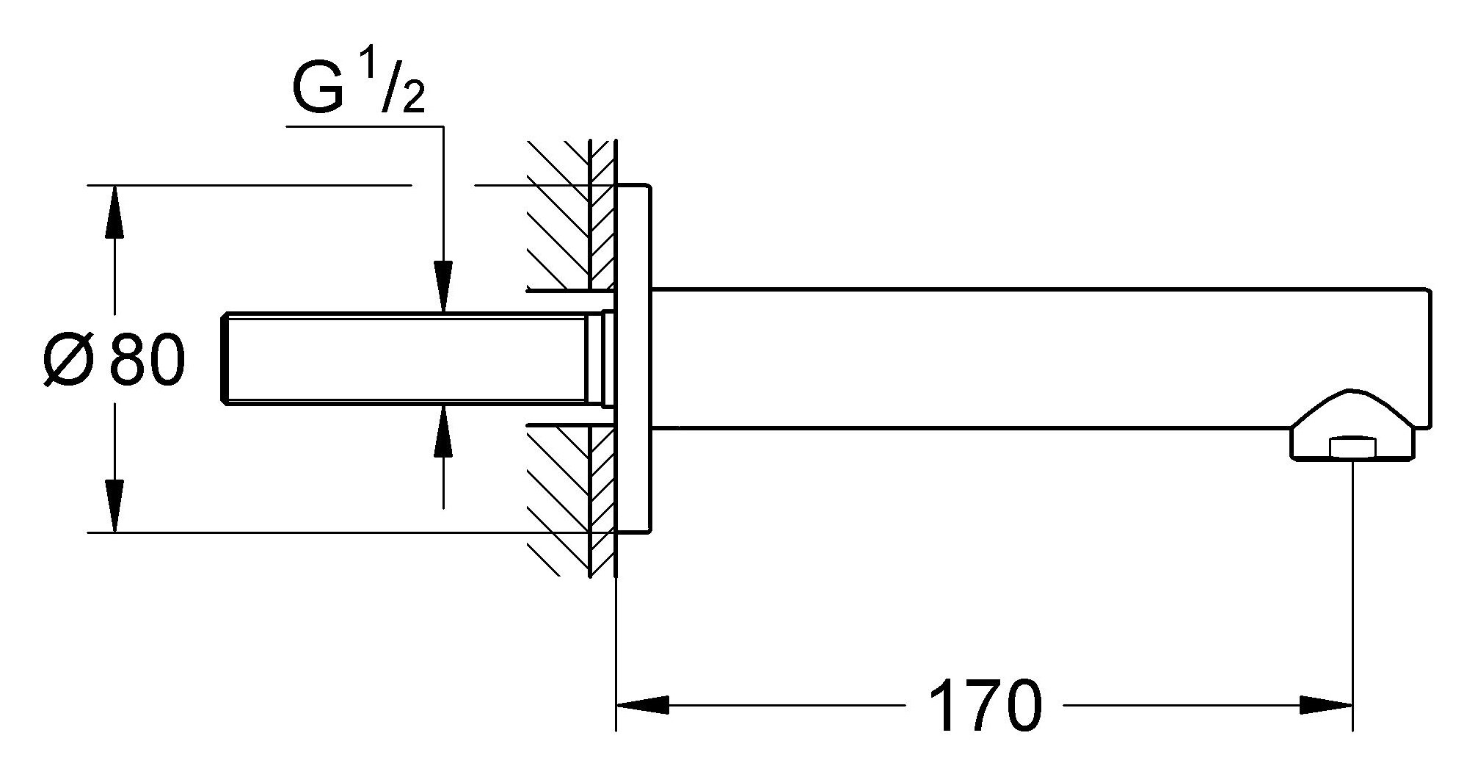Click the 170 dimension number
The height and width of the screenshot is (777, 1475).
(984, 706)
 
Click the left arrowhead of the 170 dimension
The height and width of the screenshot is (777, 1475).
(642, 706)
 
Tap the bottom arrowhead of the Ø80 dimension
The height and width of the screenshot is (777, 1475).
(114, 505)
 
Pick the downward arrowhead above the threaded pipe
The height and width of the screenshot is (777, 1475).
(443, 286)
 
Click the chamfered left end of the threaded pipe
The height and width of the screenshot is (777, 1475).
(225, 358)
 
